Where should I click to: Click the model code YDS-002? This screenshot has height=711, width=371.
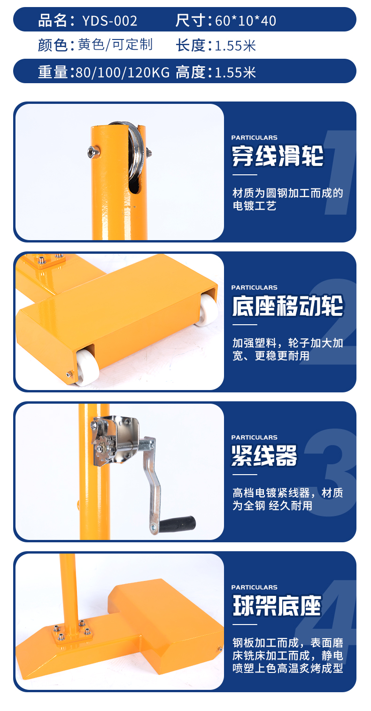(x=110, y=21)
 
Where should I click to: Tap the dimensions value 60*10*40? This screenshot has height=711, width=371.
(x=246, y=21)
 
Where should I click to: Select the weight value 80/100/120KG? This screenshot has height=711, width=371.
(x=123, y=72)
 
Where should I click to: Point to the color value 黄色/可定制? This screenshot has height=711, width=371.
(x=116, y=45)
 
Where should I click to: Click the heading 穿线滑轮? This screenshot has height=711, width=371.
(x=278, y=156)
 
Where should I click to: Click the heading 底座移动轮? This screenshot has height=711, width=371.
(x=287, y=306)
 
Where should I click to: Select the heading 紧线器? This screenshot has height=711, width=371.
(x=264, y=455)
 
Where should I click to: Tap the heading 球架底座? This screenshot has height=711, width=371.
(x=277, y=605)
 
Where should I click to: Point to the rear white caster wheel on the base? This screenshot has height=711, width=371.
(x=208, y=310)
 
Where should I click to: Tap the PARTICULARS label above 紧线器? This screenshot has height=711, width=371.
(x=255, y=438)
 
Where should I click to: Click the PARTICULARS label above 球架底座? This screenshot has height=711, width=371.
(x=255, y=587)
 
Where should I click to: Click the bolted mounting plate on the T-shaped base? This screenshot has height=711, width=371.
(x=73, y=633)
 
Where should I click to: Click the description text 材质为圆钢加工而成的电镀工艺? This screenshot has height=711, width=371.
(x=287, y=199)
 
